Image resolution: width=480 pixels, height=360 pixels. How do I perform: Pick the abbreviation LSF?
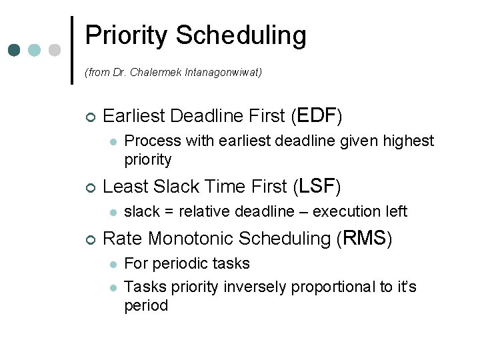[316, 186]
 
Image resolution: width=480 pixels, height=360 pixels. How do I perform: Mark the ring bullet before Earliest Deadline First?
[90, 117]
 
